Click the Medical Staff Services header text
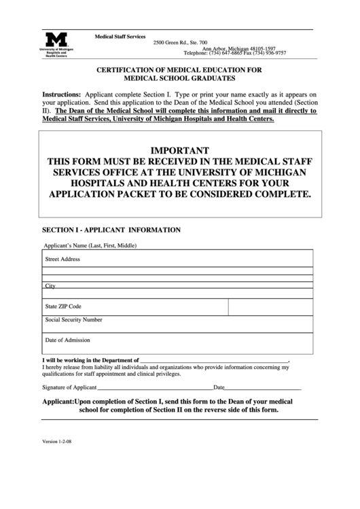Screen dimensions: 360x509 (120, 35)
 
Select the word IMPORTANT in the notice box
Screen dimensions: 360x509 (179, 150)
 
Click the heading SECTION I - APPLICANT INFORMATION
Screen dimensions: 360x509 (111, 230)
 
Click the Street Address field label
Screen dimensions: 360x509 (62, 259)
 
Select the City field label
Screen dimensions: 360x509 (50, 286)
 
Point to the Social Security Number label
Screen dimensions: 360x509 (73, 319)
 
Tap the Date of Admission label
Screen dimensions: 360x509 (67, 340)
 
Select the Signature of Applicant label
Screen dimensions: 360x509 (69, 387)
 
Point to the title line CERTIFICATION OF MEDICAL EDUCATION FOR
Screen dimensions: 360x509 (179, 70)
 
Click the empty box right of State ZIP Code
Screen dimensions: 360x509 (270, 306)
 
